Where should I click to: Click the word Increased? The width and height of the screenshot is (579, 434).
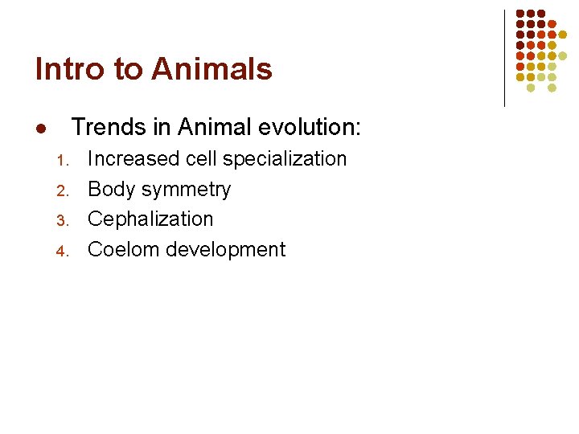(x=133, y=159)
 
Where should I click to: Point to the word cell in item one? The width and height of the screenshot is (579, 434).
(x=201, y=159)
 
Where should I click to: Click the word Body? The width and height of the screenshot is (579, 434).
(x=110, y=190)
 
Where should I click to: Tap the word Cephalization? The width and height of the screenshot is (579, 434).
(x=150, y=219)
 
